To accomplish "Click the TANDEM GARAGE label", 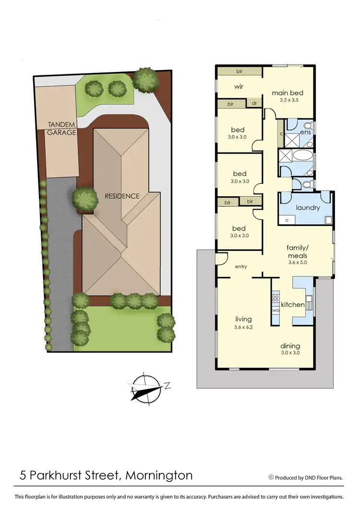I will (61, 128).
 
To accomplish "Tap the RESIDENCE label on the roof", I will (122, 196).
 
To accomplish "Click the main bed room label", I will (288, 93).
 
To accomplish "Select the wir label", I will (240, 87).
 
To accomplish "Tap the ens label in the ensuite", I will (306, 131).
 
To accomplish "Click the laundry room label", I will (308, 208).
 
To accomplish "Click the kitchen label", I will (293, 305).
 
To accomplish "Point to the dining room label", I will (291, 345).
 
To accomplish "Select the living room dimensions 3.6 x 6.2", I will (243, 327).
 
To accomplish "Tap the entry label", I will (240, 266).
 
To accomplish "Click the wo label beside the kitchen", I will (276, 310).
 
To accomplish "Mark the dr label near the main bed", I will (254, 103).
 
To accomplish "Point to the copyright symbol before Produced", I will (271, 477).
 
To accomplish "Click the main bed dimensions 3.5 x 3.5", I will (288, 101).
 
